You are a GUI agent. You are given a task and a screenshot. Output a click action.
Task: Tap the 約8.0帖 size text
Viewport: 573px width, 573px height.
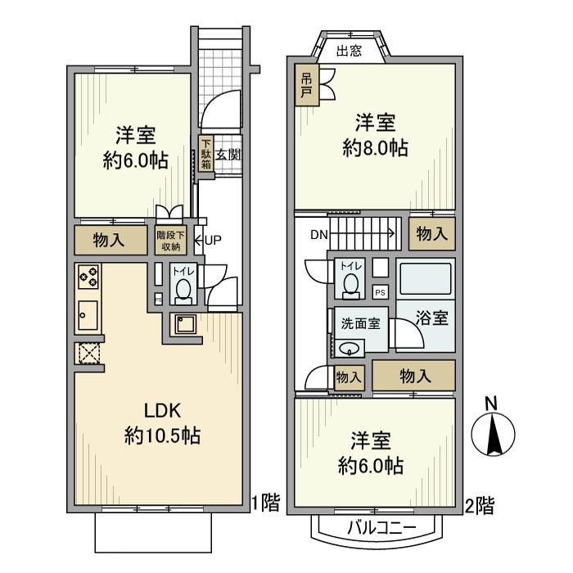(x=376, y=149)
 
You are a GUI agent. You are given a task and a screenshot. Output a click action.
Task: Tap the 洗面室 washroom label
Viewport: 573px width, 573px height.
(x=360, y=323)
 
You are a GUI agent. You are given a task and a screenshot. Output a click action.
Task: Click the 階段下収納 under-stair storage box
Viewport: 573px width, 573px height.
(x=171, y=240)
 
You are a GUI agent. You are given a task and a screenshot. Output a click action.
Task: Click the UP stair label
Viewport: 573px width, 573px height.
(x=212, y=241)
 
